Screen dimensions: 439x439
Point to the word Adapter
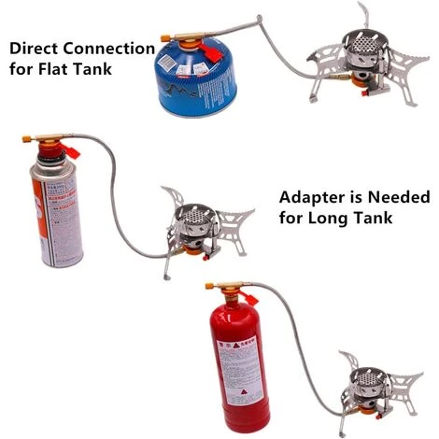pyautogui.click(x=314, y=199)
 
